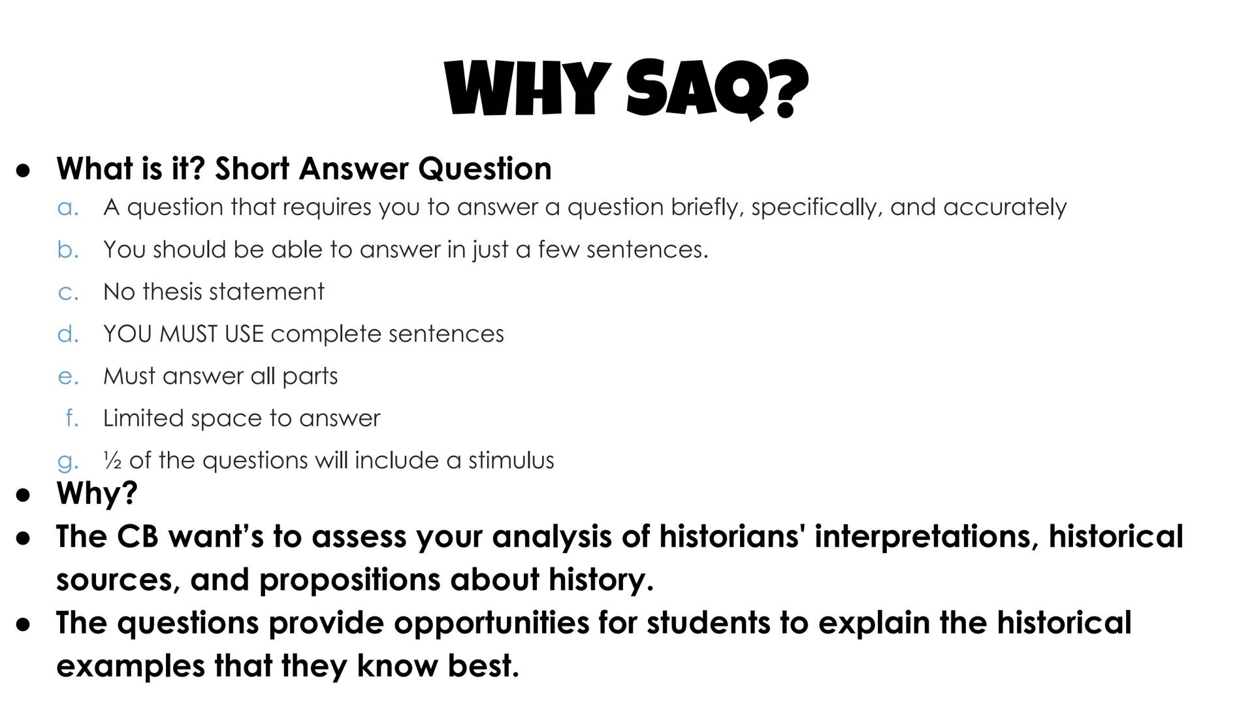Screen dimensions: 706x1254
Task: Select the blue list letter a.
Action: pyautogui.click(x=68, y=208)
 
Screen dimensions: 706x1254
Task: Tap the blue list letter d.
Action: pyautogui.click(x=68, y=334)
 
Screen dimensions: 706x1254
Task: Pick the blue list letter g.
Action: pyautogui.click(x=68, y=462)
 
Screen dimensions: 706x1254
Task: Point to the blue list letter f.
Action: pyautogui.click(x=72, y=418)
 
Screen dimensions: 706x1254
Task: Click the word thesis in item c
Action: pyautogui.click(x=174, y=292)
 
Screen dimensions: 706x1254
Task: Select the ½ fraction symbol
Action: pyautogui.click(x=112, y=462)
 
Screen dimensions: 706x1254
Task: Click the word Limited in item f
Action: pyautogui.click(x=143, y=418)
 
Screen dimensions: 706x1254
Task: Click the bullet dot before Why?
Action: pyautogui.click(x=24, y=495)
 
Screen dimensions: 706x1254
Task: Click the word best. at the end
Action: pyautogui.click(x=483, y=666)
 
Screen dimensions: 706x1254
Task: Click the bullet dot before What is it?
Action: pyautogui.click(x=24, y=170)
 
